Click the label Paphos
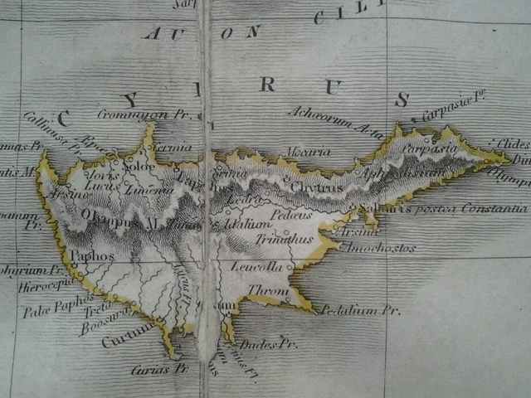[x=91, y=256]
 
